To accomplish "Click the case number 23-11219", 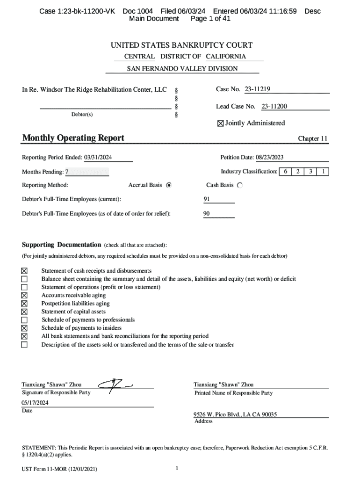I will point(257,89).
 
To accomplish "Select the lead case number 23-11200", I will point(274,106).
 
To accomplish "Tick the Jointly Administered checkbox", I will point(221,123).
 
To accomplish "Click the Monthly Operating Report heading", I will point(73,138).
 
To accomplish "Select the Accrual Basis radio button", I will point(169,185).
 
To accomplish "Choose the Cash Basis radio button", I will point(240,185).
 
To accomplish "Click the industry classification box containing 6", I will point(285,172).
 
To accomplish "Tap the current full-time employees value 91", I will point(207,199).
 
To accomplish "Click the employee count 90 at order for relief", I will point(207,214).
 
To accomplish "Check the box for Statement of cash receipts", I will point(24,271).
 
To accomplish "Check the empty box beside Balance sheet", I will point(24,279).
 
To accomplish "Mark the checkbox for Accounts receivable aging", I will point(24,296).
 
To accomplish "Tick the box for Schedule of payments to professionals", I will point(24,320).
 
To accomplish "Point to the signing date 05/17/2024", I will point(35,403).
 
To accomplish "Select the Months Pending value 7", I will point(67,172).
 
